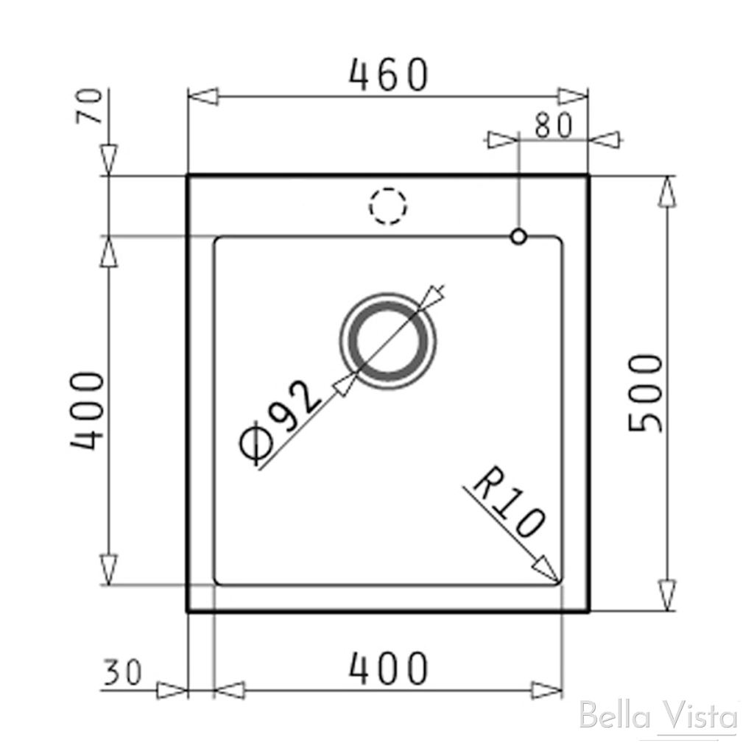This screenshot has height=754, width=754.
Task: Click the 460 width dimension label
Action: [388, 75]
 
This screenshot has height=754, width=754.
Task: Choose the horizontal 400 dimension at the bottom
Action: [388, 668]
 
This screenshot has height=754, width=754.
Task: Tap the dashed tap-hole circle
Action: [388, 206]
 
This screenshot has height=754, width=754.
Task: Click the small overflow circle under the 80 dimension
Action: [518, 236]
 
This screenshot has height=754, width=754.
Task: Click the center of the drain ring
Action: [387, 340]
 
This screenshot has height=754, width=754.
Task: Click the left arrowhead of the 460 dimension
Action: [203, 96]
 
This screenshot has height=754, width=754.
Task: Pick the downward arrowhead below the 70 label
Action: [109, 159]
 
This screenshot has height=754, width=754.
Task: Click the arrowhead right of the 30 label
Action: [173, 690]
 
